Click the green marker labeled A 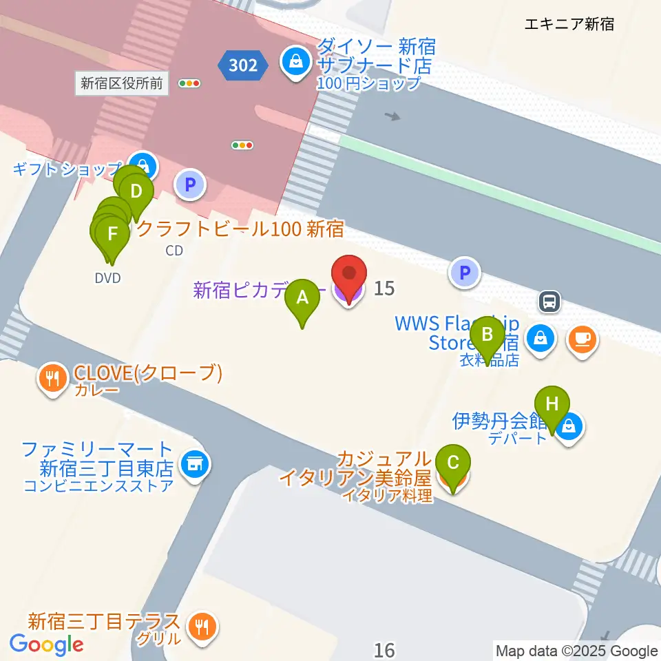coord(302,298)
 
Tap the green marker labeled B coord(487,335)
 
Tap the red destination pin coord(349,276)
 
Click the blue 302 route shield coord(242,65)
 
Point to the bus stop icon coord(549,301)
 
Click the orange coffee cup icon coord(583,338)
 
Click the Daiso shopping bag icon coord(295,63)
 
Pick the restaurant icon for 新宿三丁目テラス coord(202,627)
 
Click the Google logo coord(46,644)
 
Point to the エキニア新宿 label coord(569,25)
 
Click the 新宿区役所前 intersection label coord(122,84)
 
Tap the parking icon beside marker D coord(190,185)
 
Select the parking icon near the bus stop coord(465,273)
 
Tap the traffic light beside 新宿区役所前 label coord(189,84)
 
